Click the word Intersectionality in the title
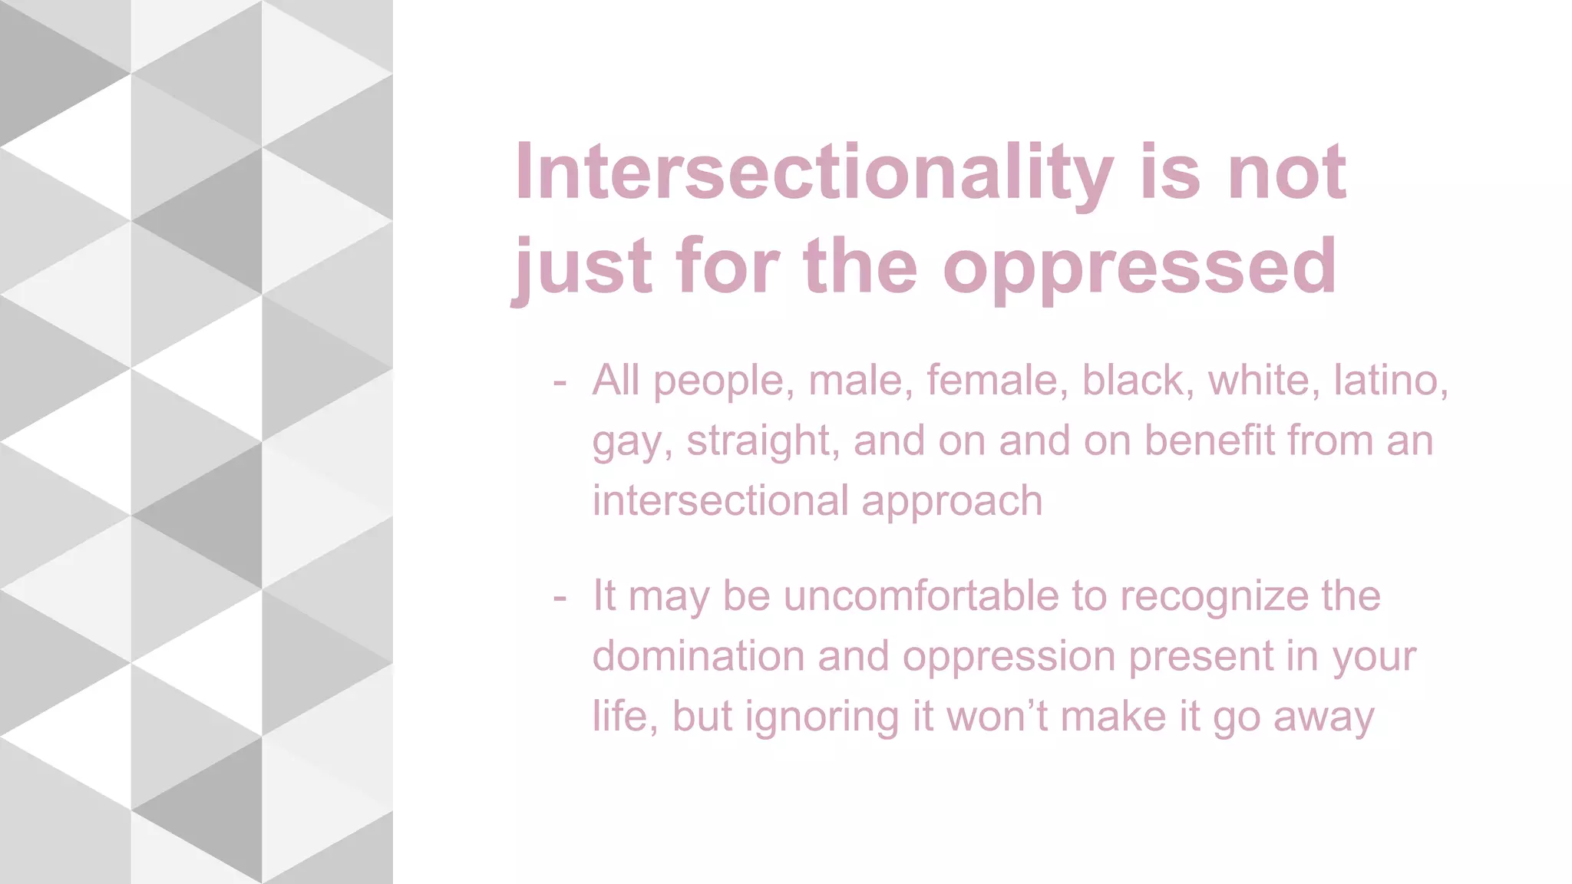pyautogui.click(x=814, y=173)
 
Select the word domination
pyautogui.click(x=698, y=657)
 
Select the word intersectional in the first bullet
pyautogui.click(x=719, y=501)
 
